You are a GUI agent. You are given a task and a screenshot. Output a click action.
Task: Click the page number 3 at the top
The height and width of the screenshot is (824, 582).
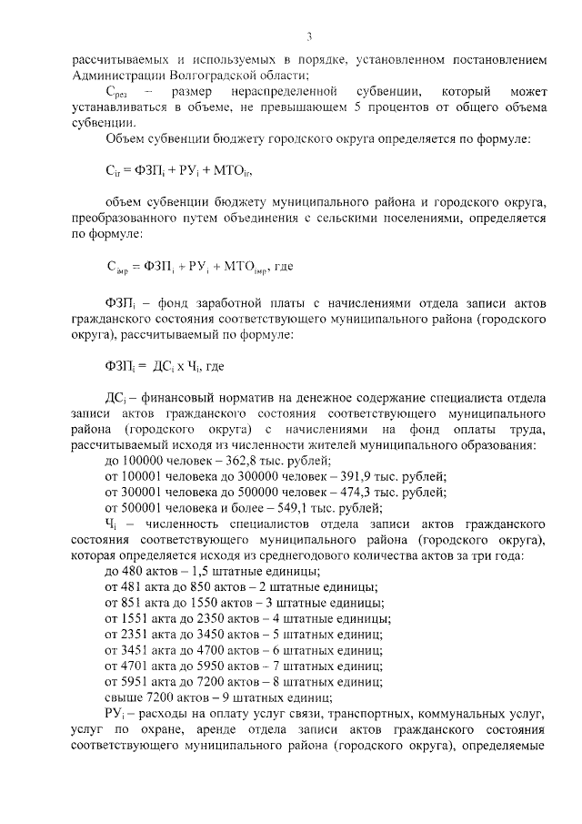pos(309,37)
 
